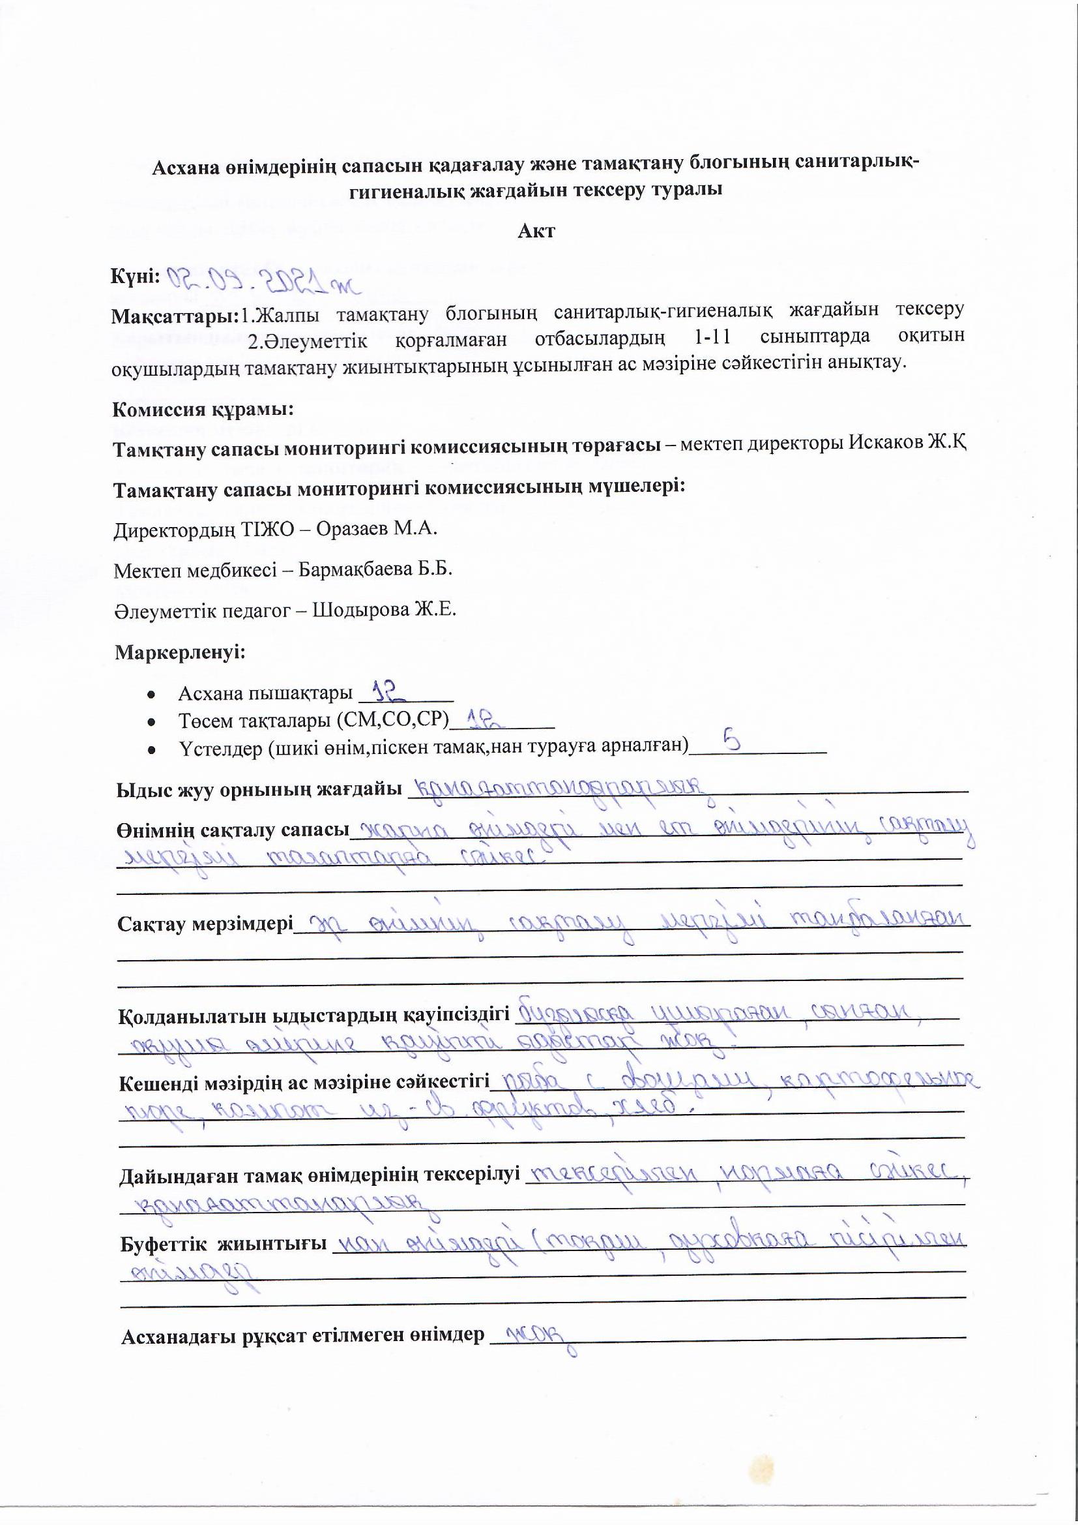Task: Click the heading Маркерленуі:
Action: [180, 652]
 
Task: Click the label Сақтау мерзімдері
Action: [205, 924]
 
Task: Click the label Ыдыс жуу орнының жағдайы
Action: [259, 790]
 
